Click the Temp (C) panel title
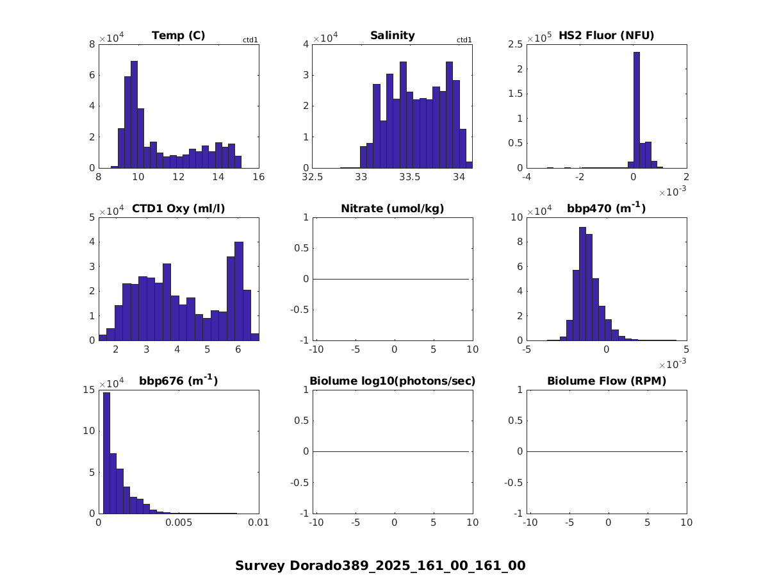coord(178,36)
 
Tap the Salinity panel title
coord(392,36)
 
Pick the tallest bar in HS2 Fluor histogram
coord(636,110)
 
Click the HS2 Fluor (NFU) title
coord(606,36)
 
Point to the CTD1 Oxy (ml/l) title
coord(178,208)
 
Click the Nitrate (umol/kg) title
coord(392,208)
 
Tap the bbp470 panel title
coord(606,208)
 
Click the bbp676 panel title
coord(178,381)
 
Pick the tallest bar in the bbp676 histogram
coord(106,453)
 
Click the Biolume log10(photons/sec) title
coord(392,381)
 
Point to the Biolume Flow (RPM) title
coord(606,381)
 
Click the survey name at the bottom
coord(380,565)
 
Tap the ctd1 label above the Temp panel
coord(250,40)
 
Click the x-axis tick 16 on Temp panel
coord(259,178)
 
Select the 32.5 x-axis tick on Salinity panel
coord(313,178)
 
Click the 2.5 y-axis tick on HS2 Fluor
coord(516,44)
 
